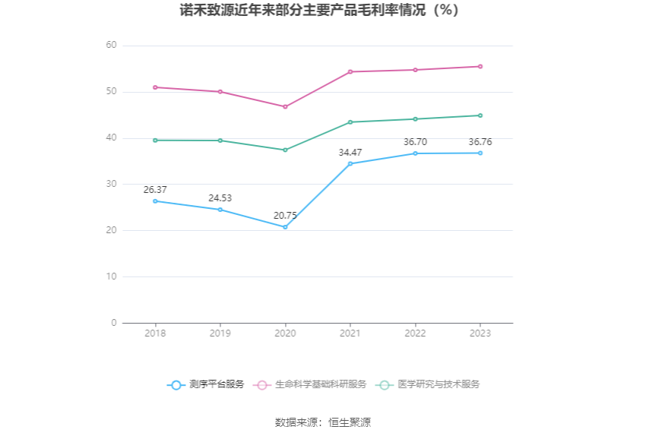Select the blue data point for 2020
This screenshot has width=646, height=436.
pyautogui.click(x=285, y=227)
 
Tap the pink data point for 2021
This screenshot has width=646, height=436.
pyautogui.click(x=350, y=71)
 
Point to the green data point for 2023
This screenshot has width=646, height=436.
pyautogui.click(x=480, y=115)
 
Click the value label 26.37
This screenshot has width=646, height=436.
pyautogui.click(x=155, y=189)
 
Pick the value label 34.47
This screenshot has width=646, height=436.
pyautogui.click(x=350, y=153)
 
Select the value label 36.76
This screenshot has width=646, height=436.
pyautogui.click(x=480, y=142)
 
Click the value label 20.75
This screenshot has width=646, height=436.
pyautogui.click(x=285, y=216)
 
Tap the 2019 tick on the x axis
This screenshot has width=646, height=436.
pyautogui.click(x=220, y=333)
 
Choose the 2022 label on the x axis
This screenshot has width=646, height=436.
pyautogui.click(x=415, y=333)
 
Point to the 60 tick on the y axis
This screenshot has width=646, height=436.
pyautogui.click(x=111, y=46)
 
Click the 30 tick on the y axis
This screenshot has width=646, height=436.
pyautogui.click(x=111, y=184)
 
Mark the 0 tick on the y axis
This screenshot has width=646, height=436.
pyautogui.click(x=113, y=323)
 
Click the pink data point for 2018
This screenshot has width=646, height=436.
pyautogui.click(x=155, y=87)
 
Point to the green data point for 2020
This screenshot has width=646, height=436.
pyautogui.click(x=285, y=150)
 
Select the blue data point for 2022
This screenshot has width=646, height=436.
pyautogui.click(x=415, y=153)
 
